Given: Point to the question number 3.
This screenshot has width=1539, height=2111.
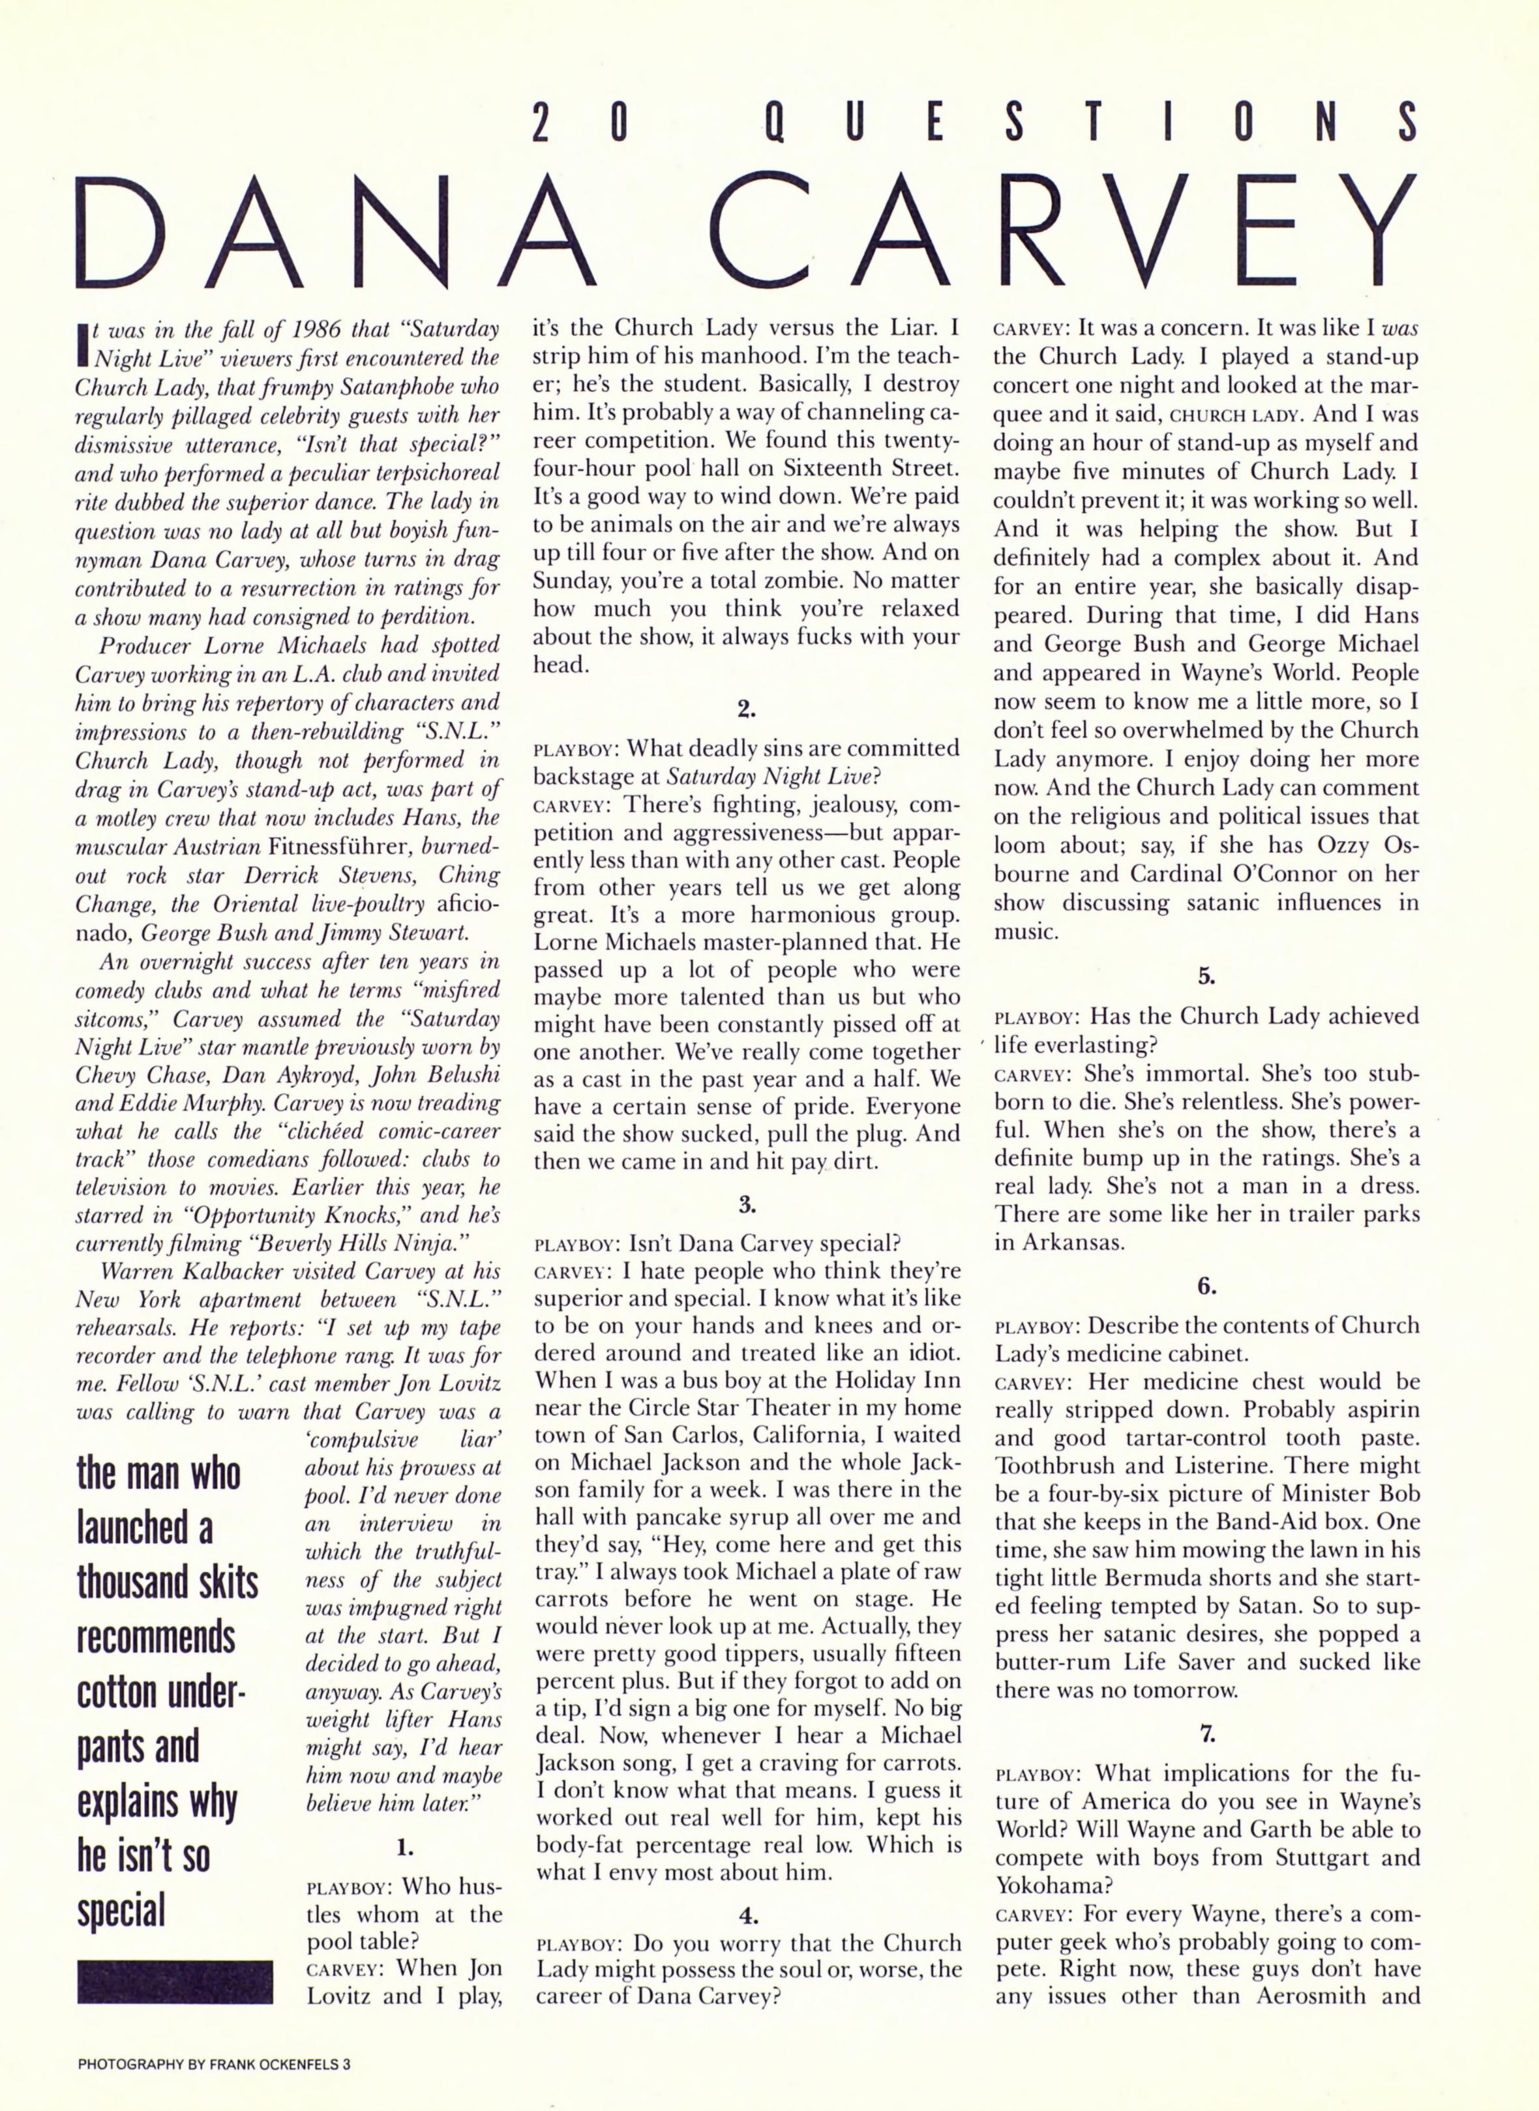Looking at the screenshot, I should point(746,1204).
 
